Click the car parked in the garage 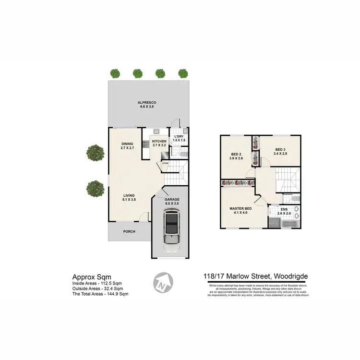(x=171, y=229)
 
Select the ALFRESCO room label (x=147, y=103)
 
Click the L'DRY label (x=179, y=137)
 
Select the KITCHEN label (x=159, y=142)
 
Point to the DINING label (x=127, y=144)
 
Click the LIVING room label (x=129, y=195)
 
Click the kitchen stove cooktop (x=145, y=144)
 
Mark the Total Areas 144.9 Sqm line (x=100, y=294)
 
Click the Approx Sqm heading (x=91, y=276)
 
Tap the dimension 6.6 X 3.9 (x=147, y=107)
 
